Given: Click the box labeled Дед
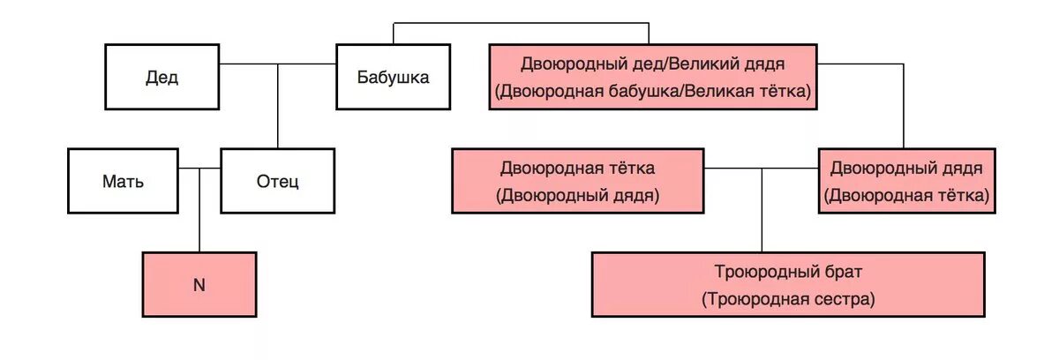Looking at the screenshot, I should click(161, 78).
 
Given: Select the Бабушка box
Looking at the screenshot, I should click(393, 78).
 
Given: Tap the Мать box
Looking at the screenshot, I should click(123, 182).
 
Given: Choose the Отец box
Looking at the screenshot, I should click(277, 182).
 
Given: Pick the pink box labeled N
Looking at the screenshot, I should click(199, 285).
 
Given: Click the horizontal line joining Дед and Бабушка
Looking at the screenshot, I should click(278, 64).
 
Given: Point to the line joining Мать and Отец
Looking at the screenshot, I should click(199, 168).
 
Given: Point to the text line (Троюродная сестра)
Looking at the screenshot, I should click(788, 299).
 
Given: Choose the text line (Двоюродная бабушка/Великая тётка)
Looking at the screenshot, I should click(653, 91).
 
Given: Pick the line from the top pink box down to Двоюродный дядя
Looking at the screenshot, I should click(903, 106).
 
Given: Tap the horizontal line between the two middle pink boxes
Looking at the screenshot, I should click(762, 166).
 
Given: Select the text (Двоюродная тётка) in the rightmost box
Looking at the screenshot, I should click(907, 194).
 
